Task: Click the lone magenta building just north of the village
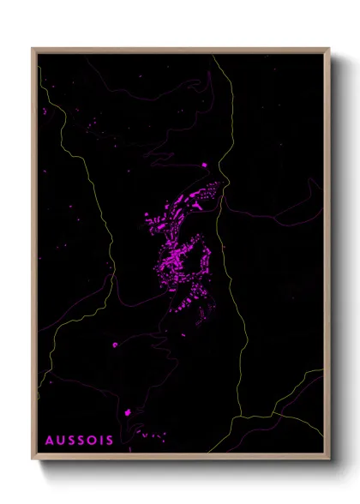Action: (204, 165)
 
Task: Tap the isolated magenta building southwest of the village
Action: (115, 345)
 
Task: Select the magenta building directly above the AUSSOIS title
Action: (129, 412)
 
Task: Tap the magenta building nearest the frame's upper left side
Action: (44, 111)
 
